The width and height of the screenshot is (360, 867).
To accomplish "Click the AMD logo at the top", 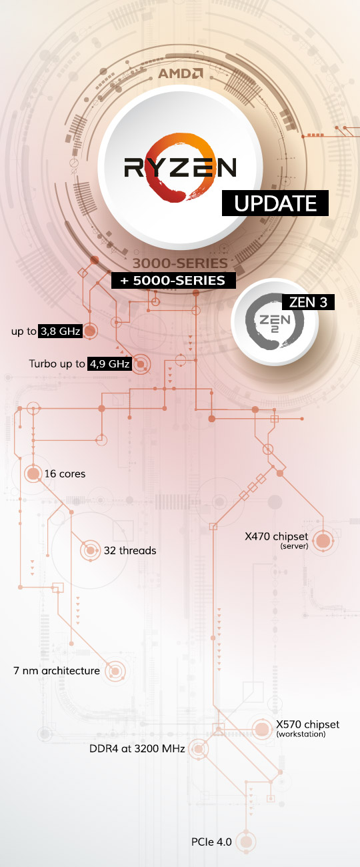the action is (181, 73).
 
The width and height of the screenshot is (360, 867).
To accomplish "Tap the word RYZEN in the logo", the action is (180, 167).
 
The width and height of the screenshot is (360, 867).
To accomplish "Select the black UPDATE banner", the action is (275, 203).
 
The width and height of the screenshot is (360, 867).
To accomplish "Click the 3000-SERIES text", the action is (180, 263).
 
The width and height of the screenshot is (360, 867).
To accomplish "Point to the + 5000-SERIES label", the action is (173, 281).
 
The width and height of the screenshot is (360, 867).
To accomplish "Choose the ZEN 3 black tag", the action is (308, 302).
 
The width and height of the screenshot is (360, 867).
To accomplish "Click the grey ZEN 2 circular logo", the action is (275, 321).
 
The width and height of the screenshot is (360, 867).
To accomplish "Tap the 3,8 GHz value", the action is (61, 331).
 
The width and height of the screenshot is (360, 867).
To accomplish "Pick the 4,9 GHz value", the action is (109, 364).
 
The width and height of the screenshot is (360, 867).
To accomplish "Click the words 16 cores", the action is (65, 474).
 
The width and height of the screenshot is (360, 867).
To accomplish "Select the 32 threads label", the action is (130, 550).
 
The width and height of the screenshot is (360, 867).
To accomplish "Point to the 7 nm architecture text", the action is (57, 671).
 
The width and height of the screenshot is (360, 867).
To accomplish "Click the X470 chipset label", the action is (277, 536).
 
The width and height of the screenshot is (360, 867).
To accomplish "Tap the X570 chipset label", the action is (307, 724).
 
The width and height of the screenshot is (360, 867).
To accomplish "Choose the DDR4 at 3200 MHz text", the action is (137, 748).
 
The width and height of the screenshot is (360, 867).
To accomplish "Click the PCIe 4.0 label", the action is (211, 842).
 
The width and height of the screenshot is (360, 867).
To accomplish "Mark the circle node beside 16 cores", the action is (33, 474).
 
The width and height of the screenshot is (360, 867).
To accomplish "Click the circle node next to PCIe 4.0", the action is (246, 842).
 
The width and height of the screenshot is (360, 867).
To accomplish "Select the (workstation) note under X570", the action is (301, 734).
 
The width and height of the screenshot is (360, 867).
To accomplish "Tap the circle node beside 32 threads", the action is (90, 550).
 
